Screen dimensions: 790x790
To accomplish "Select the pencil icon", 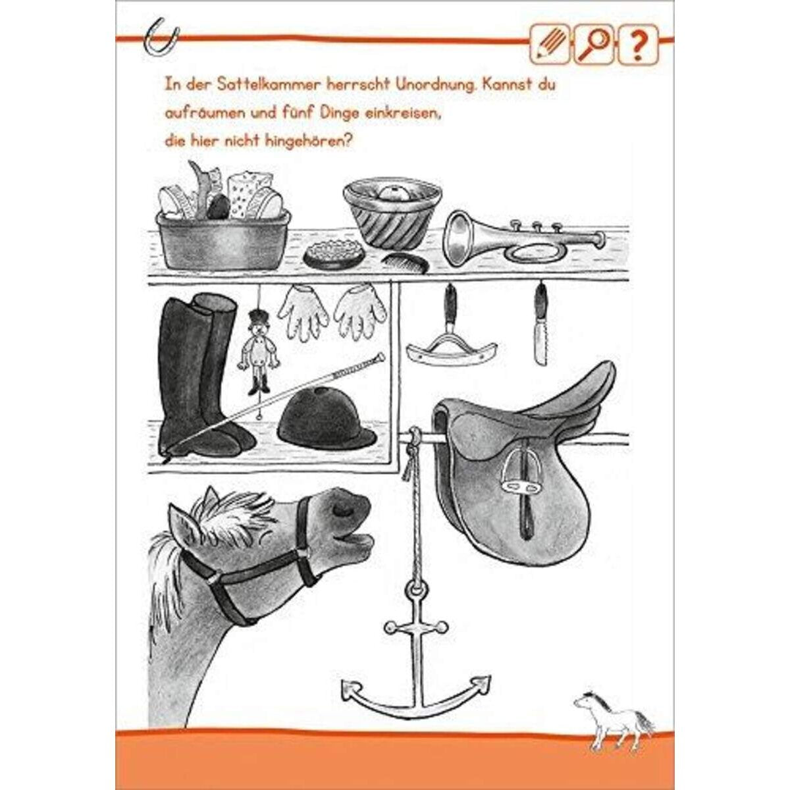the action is point(549,44).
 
